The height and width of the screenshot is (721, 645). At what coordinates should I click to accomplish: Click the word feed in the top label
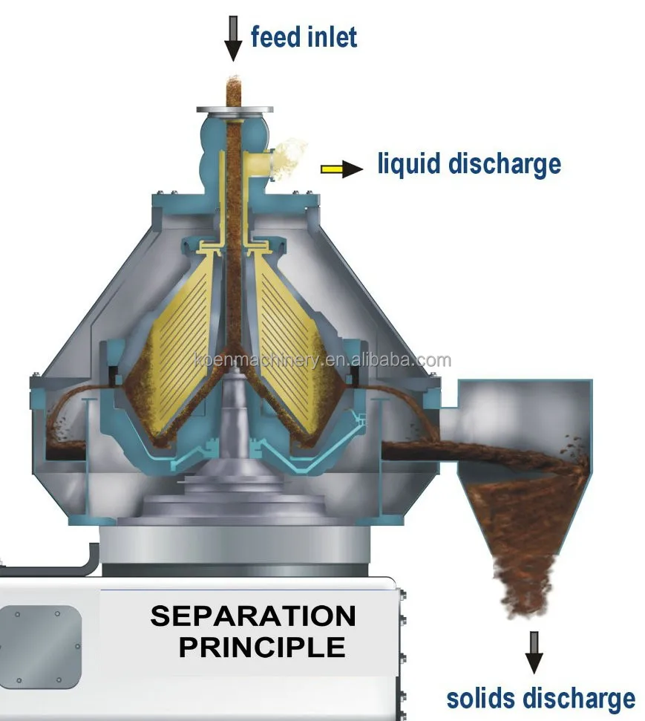(275, 36)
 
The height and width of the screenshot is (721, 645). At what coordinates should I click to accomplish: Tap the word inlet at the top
(330, 36)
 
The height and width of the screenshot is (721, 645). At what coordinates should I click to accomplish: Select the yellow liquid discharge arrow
(341, 169)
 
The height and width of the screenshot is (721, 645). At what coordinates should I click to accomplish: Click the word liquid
(409, 164)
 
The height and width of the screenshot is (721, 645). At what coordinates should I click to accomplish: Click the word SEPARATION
(253, 616)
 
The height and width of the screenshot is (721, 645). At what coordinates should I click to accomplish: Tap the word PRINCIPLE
(262, 647)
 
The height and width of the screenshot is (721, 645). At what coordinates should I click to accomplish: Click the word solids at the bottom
(481, 698)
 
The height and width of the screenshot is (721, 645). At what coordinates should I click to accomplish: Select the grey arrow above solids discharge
(534, 652)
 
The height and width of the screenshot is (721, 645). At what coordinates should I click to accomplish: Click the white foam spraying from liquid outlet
(293, 156)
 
